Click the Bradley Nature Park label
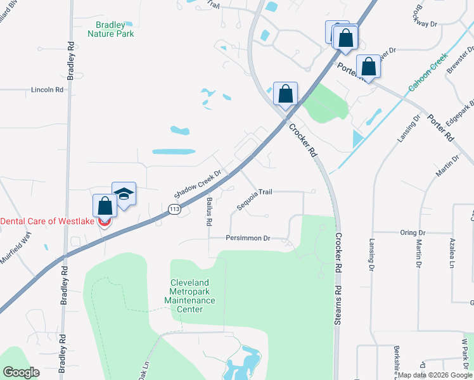(x=111, y=28)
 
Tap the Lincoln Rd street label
(x=48, y=90)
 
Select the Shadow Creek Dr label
(x=197, y=183)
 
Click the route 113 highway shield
(x=174, y=208)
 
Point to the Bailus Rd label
(x=208, y=212)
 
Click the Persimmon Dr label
(x=248, y=238)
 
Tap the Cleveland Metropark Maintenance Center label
(x=193, y=296)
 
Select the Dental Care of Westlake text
(x=48, y=221)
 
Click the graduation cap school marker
(x=124, y=194)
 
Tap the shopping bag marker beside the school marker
(x=105, y=206)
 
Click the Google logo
(x=22, y=372)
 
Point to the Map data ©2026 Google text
(x=434, y=375)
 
